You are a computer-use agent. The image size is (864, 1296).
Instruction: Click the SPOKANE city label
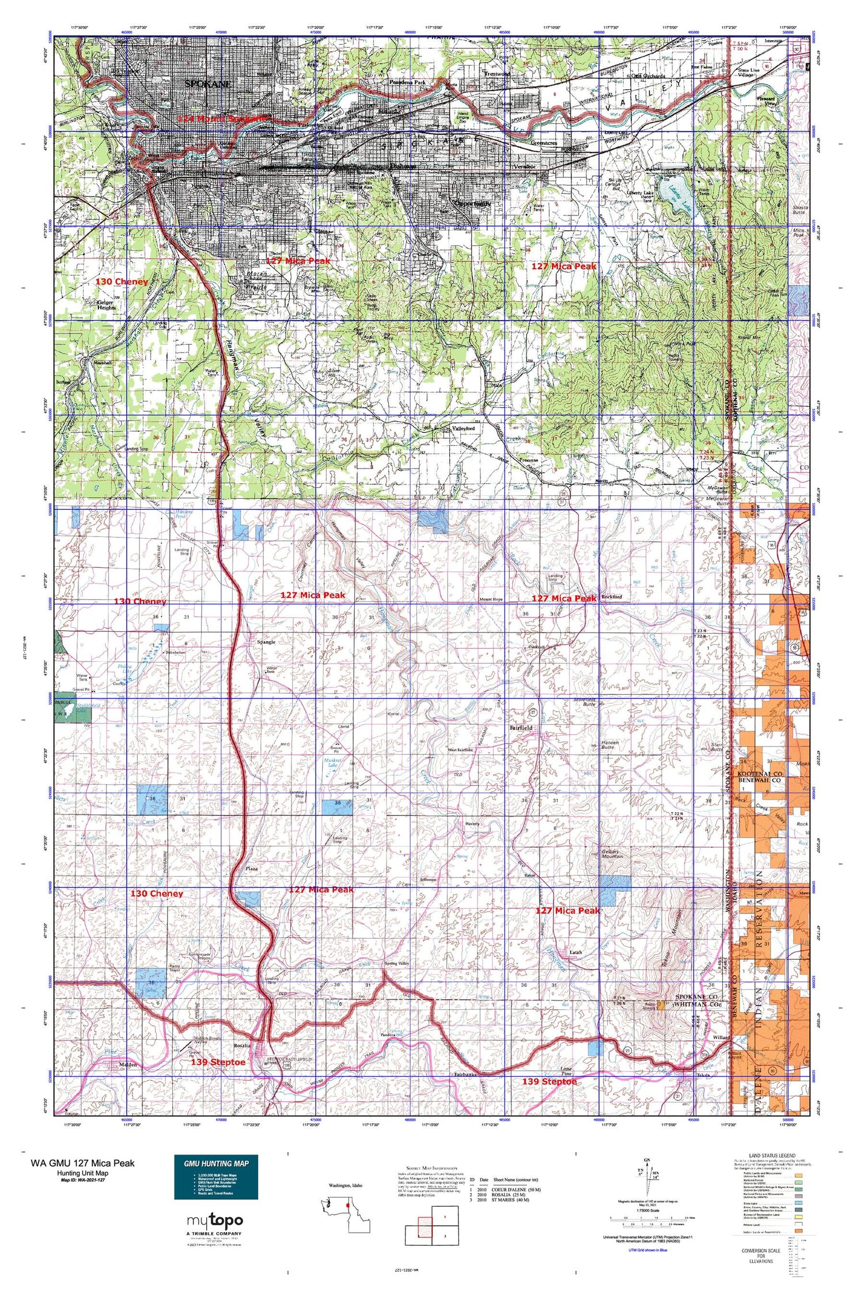pyautogui.click(x=208, y=84)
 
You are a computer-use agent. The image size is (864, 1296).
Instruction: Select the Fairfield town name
pyautogui.click(x=521, y=727)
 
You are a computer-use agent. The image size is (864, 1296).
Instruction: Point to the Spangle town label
pyautogui.click(x=265, y=642)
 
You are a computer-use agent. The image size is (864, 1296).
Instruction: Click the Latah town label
pyautogui.click(x=575, y=952)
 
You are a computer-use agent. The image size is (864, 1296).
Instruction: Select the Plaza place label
pyautogui.click(x=251, y=868)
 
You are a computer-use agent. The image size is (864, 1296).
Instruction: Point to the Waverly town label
pyautogui.click(x=472, y=824)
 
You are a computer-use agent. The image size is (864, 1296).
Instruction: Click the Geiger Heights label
pyautogui.click(x=107, y=305)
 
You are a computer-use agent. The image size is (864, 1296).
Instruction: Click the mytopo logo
pyautogui.click(x=215, y=1221)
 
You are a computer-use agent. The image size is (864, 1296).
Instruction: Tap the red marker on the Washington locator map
pyautogui.click(x=348, y=1204)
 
